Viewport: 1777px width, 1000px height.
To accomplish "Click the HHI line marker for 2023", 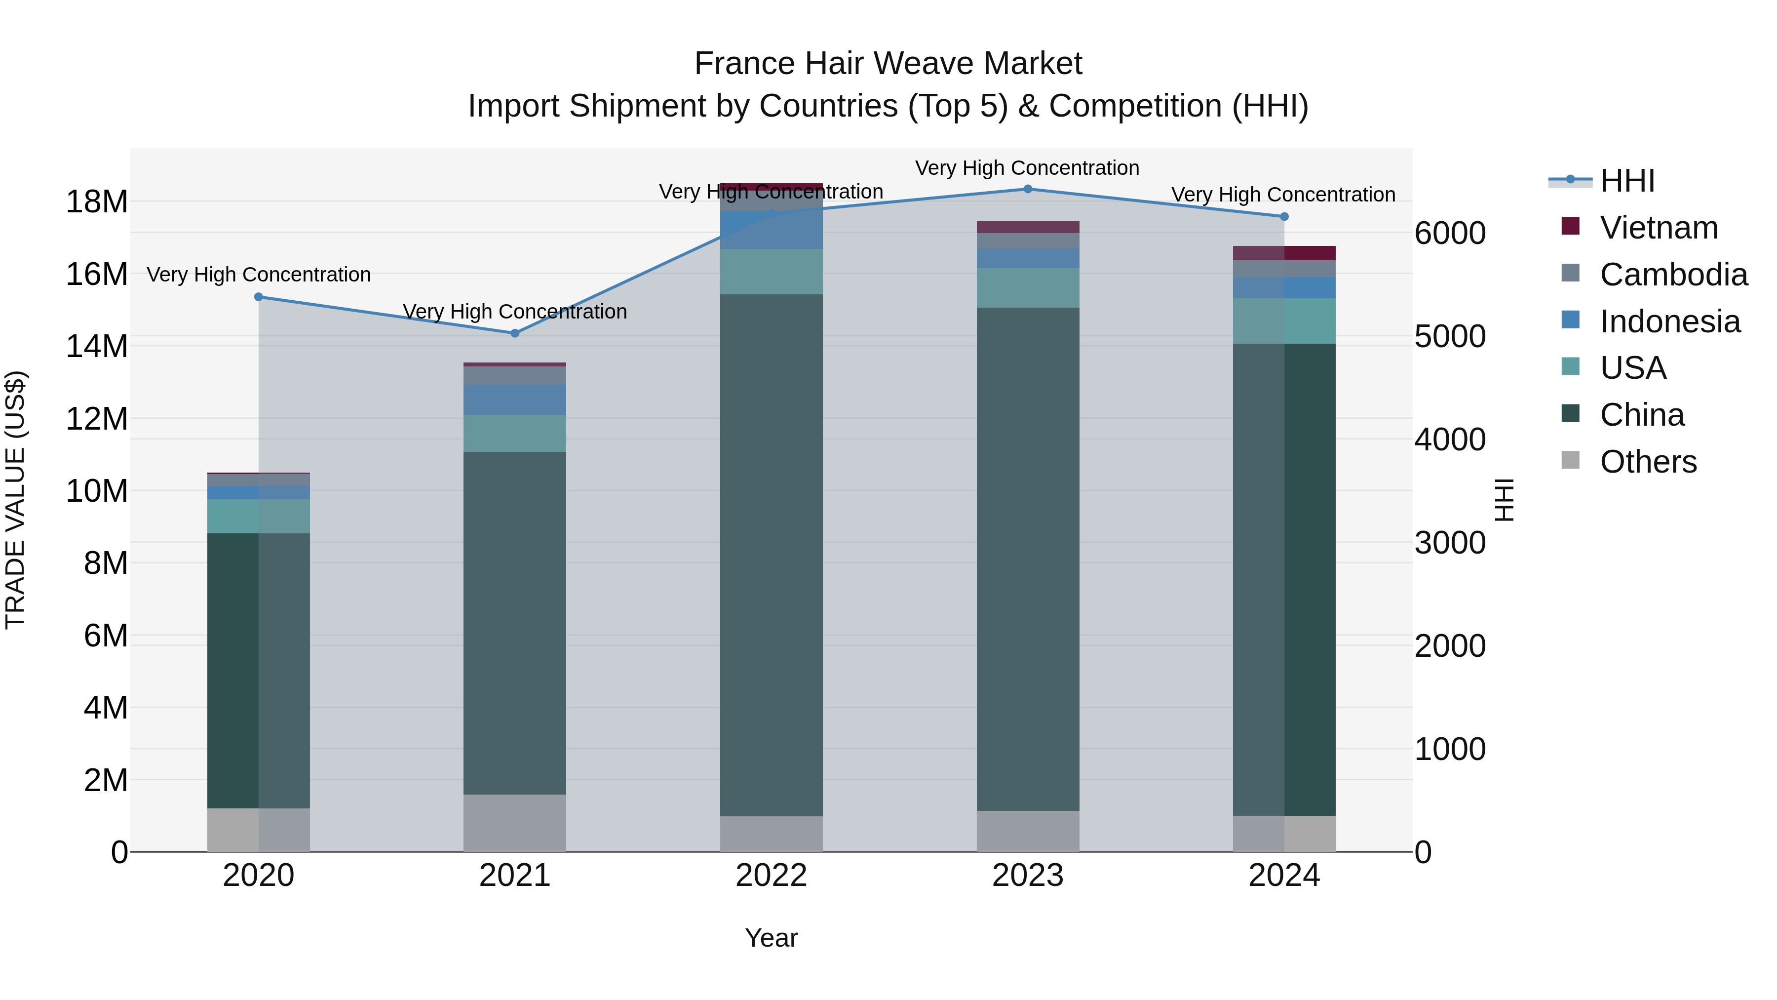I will coord(1027,189).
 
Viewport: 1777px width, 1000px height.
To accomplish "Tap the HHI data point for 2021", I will coord(515,333).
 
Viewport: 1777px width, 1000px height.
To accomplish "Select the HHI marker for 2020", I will coord(259,297).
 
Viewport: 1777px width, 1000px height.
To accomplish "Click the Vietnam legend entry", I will coord(1659,228).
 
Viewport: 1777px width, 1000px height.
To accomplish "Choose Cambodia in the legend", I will coord(1673,275).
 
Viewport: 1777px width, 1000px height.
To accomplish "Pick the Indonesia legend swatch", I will coord(1571,320).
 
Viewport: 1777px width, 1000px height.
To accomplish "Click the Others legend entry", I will coord(1648,462).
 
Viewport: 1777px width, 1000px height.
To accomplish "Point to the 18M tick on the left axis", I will coord(97,202).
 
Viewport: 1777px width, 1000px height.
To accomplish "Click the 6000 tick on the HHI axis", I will coord(1450,233).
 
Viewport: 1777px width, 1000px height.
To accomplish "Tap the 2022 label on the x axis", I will coord(771,876).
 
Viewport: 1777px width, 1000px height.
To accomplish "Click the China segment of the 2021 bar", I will coord(515,621).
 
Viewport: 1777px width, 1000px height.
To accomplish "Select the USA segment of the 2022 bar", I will coord(771,271).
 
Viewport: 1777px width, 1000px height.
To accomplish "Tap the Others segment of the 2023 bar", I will coord(1028,831).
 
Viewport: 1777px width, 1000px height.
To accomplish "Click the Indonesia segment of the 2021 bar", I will coord(515,400).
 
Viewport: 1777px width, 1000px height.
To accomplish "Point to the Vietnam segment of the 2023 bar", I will coord(1028,227).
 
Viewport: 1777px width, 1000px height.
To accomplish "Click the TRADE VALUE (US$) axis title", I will coord(15,500).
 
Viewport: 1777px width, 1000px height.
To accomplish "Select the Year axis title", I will coord(771,938).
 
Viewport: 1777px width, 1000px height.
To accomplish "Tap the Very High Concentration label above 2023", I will coord(1027,168).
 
